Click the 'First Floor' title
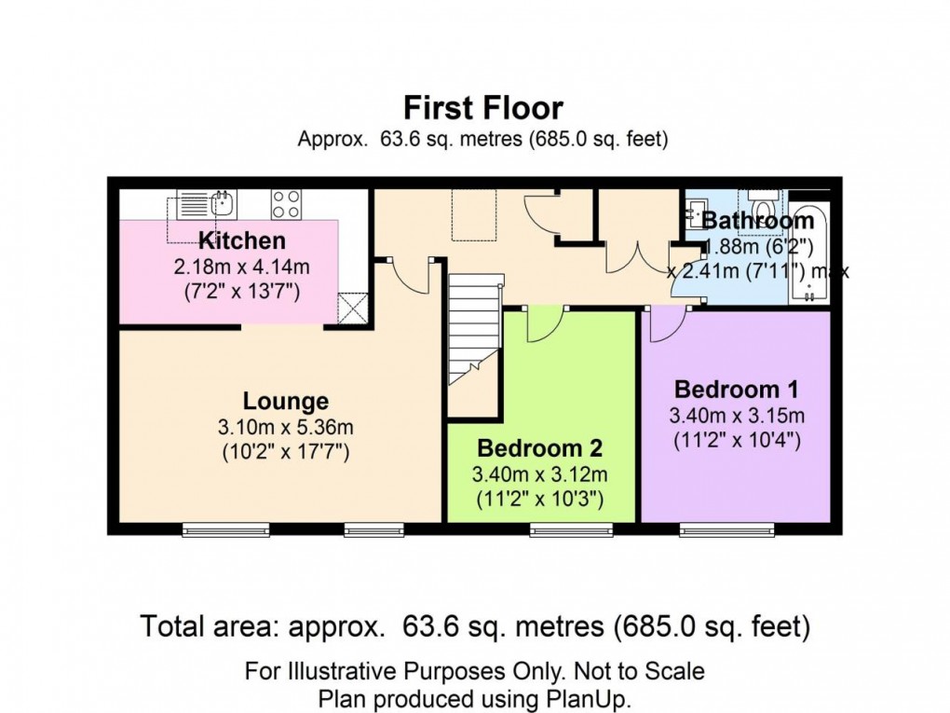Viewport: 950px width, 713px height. (x=482, y=108)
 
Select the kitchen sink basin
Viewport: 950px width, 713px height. (x=222, y=201)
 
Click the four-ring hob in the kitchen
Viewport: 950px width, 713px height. (x=285, y=203)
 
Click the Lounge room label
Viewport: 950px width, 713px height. (x=286, y=402)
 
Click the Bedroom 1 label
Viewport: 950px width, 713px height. (x=736, y=389)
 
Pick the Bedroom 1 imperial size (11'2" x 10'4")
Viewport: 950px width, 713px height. (x=736, y=439)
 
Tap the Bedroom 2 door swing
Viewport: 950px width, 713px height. (x=542, y=324)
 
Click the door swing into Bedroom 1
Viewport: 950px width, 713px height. (x=667, y=324)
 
